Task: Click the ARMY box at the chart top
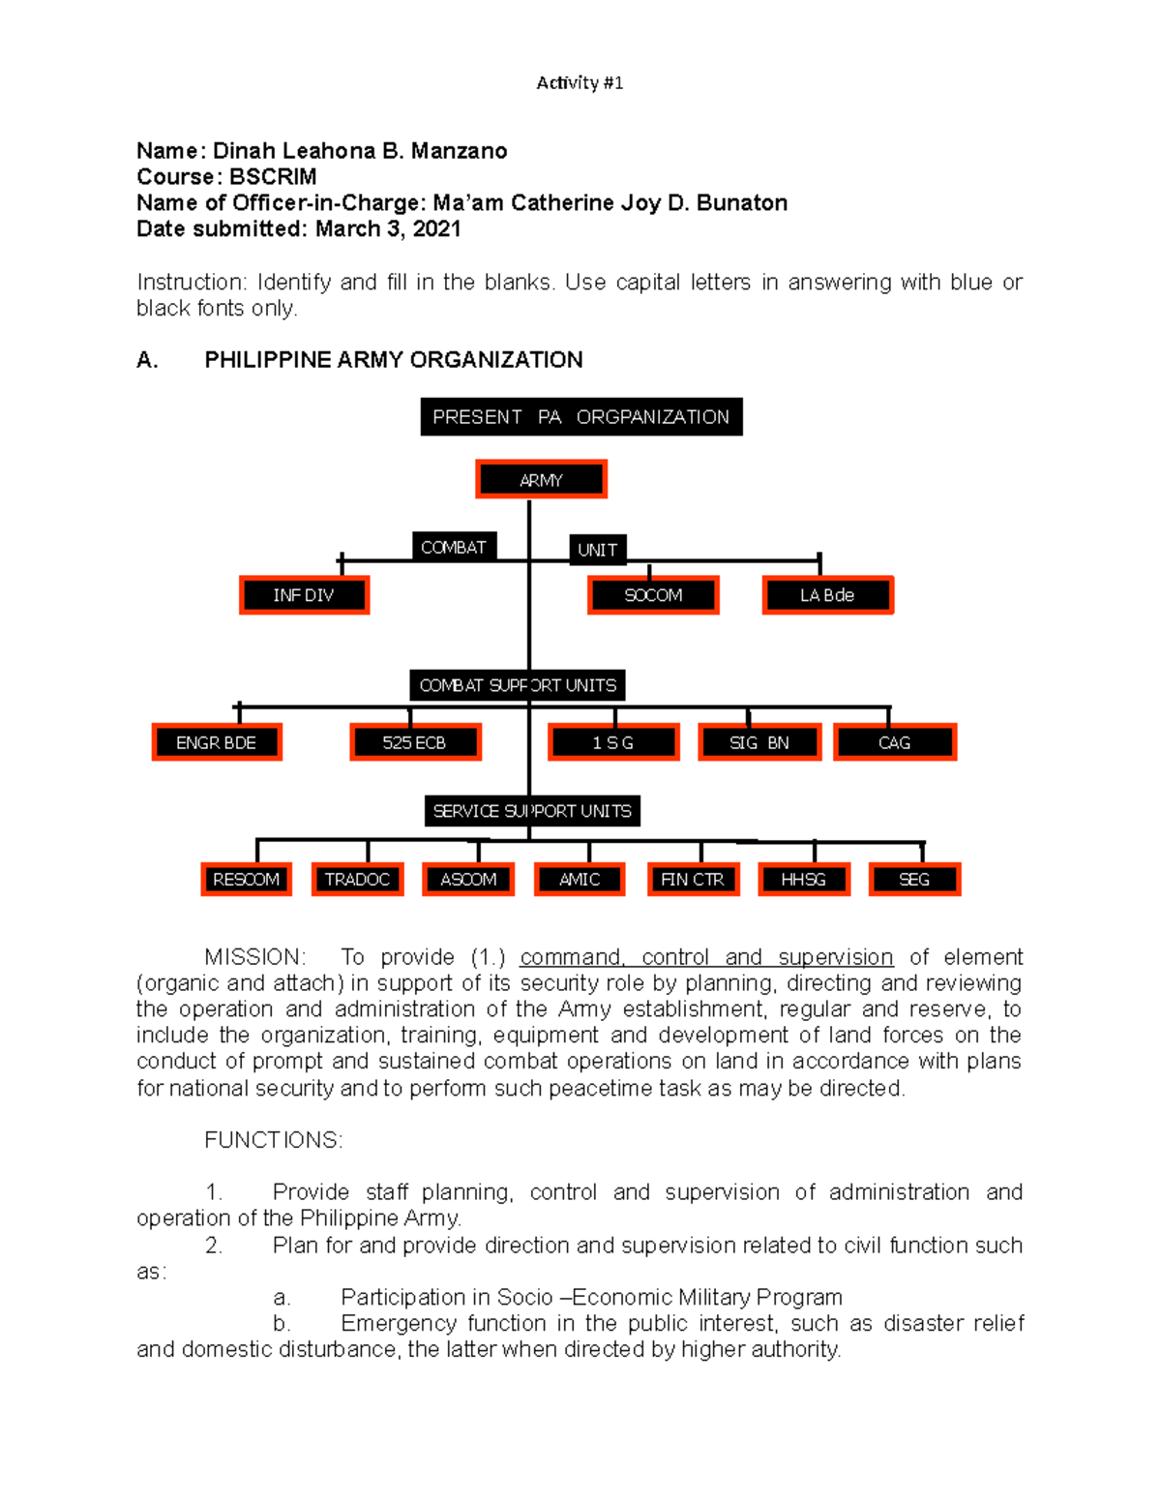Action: tap(541, 480)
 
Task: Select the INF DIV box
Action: tap(304, 595)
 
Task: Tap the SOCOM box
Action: tap(653, 595)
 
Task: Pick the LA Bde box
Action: tap(827, 595)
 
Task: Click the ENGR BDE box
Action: tap(217, 742)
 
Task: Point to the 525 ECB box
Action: tap(415, 742)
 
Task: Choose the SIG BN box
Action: tap(759, 742)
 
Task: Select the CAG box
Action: tap(895, 742)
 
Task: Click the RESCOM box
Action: tap(246, 879)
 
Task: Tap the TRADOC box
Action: tap(357, 879)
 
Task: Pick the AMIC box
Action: tap(580, 879)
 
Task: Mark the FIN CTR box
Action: tap(693, 879)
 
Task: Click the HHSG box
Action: tap(803, 879)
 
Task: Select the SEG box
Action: tap(914, 879)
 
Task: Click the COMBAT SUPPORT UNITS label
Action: tap(518, 685)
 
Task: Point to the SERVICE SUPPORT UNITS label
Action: tap(532, 811)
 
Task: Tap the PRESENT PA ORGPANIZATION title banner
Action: tap(581, 417)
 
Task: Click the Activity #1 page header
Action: tap(580, 83)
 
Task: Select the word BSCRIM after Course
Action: tap(273, 177)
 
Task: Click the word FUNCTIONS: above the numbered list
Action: tap(274, 1140)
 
